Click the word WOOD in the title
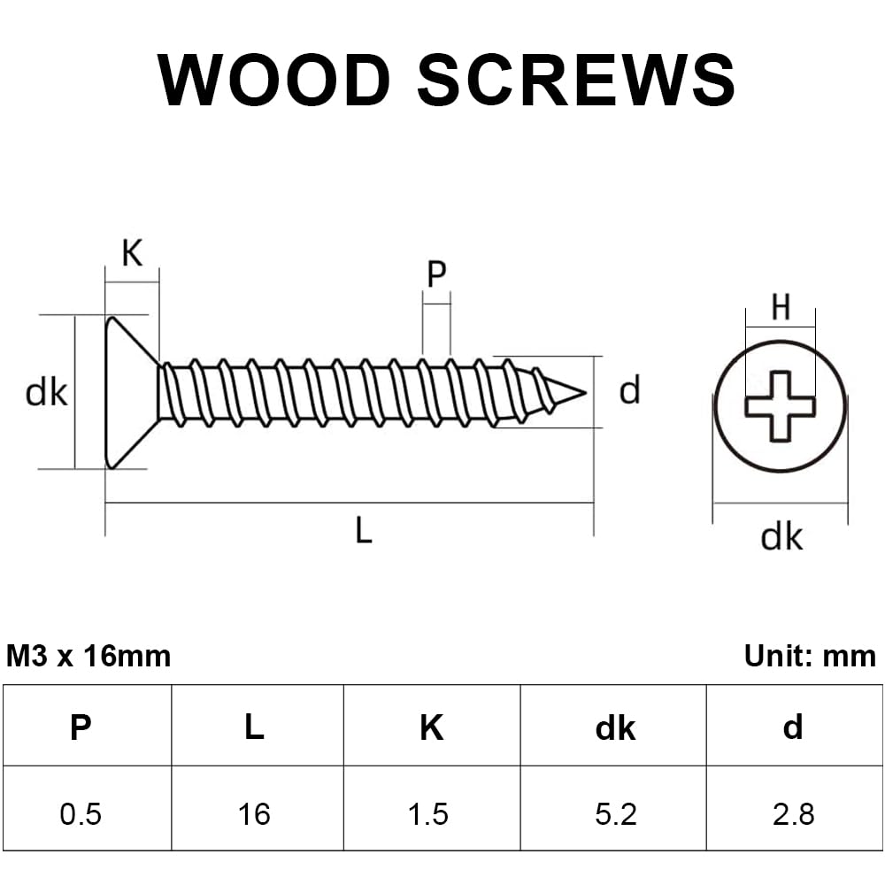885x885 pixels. coord(273,80)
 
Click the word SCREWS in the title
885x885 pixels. coord(576,80)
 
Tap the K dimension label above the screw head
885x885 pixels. coord(132,253)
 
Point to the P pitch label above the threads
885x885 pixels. coord(436,274)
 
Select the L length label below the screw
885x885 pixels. coord(364,530)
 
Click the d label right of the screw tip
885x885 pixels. coord(630,390)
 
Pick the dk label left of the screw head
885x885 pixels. coord(46,392)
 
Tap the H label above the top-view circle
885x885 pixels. coord(781,308)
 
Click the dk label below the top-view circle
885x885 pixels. coord(781,536)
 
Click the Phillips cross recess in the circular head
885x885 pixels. coord(781,406)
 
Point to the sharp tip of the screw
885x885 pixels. coord(585,393)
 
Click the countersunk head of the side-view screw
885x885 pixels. coord(131,392)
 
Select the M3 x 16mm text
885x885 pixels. coord(88,656)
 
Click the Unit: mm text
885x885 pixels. coord(810,656)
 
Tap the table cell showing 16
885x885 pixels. coord(258,808)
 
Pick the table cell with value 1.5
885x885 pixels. coord(432,808)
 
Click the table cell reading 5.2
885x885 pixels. coord(613,808)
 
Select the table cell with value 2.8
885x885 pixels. coord(795,808)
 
